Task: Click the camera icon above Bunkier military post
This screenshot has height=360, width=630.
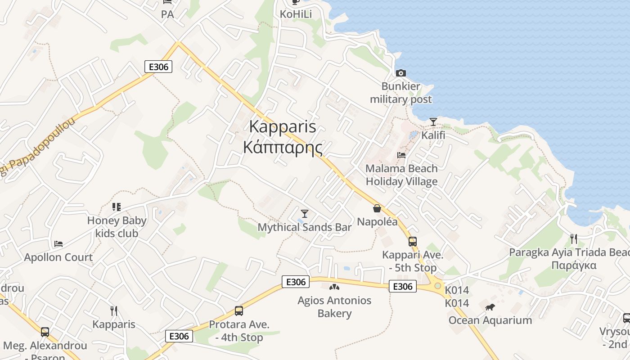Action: [400, 73]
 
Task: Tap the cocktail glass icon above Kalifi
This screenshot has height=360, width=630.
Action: [433, 121]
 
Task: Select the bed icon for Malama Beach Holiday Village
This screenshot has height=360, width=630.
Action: [401, 155]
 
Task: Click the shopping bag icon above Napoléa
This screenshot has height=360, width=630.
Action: [377, 208]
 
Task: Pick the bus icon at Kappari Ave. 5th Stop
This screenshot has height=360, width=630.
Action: [412, 242]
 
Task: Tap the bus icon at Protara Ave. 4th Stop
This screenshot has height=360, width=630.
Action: [238, 310]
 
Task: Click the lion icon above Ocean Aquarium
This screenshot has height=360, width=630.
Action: [490, 307]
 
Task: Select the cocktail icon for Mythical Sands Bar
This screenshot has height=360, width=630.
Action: [305, 213]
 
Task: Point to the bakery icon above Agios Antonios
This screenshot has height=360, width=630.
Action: [334, 287]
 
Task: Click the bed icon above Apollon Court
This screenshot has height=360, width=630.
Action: [58, 244]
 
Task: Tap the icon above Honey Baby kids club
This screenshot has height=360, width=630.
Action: [117, 207]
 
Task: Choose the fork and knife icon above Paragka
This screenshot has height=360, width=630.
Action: [573, 238]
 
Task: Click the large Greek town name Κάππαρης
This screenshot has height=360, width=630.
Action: [283, 147]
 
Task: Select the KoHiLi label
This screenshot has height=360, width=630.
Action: [296, 14]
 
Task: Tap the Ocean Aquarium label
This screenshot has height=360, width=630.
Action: [490, 320]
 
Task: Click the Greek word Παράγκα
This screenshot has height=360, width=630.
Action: [574, 265]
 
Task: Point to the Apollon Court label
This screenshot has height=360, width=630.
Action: [58, 257]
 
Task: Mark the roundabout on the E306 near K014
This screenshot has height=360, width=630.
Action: [437, 286]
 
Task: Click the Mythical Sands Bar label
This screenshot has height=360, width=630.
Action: [304, 227]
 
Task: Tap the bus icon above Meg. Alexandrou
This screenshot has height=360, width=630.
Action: [45, 332]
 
